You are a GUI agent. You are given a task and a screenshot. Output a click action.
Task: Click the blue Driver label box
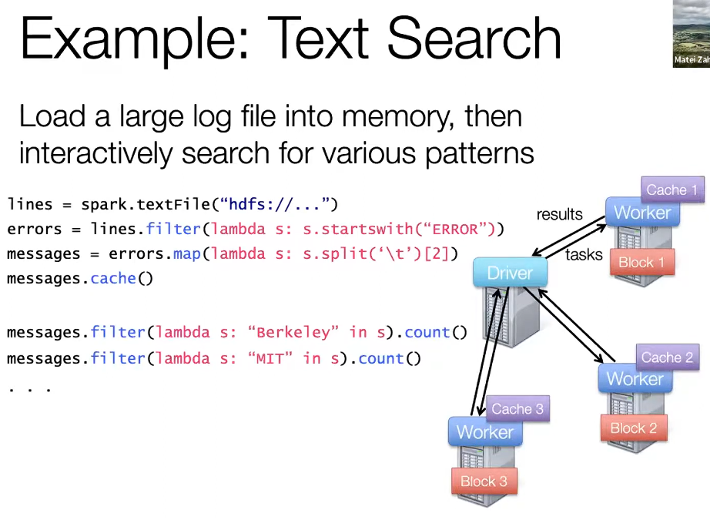pyautogui.click(x=510, y=273)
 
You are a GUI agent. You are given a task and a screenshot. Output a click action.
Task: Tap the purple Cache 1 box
pyautogui.click(x=672, y=190)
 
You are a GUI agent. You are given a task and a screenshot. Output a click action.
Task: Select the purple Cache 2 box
pyautogui.click(x=667, y=357)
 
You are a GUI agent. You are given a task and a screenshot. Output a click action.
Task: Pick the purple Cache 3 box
pyautogui.click(x=517, y=409)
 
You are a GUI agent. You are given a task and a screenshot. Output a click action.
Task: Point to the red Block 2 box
pyautogui.click(x=633, y=428)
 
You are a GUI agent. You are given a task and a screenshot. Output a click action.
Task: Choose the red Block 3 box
pyautogui.click(x=484, y=481)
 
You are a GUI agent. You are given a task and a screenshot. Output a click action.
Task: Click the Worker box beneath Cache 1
pyautogui.click(x=643, y=213)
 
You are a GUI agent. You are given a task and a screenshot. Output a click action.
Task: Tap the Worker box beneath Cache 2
pyautogui.click(x=635, y=379)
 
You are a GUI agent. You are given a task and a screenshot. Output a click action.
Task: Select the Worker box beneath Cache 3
pyautogui.click(x=484, y=432)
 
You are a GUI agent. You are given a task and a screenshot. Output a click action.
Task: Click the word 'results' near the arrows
pyautogui.click(x=560, y=214)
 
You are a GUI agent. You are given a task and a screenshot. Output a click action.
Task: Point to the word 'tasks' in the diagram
pyautogui.click(x=584, y=254)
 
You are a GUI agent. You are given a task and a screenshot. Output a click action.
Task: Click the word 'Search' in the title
pyautogui.click(x=473, y=39)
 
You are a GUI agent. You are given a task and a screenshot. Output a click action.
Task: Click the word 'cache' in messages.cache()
pyautogui.click(x=113, y=279)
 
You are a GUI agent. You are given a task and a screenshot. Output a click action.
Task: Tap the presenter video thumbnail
pyautogui.click(x=691, y=33)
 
